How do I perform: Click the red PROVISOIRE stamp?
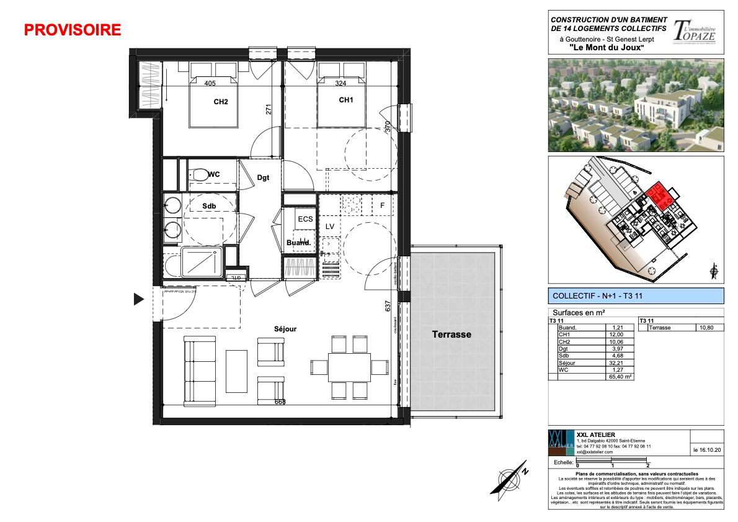point(73,30)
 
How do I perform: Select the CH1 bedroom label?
point(346,100)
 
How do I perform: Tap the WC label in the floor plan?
point(213,174)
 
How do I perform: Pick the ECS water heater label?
point(305,219)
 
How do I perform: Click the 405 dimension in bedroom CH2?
point(209,83)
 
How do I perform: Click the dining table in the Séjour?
point(349,367)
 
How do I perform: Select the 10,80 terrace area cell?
point(707,328)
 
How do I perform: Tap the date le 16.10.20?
point(706,449)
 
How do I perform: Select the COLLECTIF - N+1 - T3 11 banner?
point(636,295)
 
